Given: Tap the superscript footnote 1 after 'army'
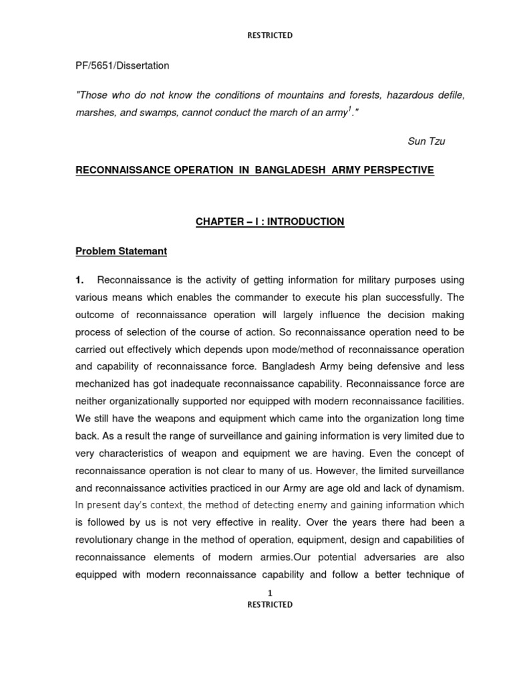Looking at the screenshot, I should (350, 109).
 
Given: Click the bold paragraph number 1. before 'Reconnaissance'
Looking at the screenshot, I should (79, 280).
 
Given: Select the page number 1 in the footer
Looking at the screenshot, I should (270, 593).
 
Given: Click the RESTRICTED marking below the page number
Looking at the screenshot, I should (270, 604).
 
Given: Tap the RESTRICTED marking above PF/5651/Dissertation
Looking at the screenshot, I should (270, 35).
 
